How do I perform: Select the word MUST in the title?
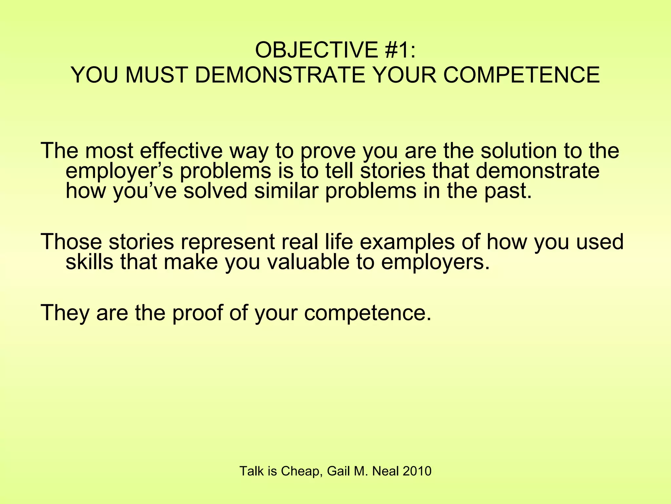157,75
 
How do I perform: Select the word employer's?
119,171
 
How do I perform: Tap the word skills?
89,262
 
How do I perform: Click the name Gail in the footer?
339,471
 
